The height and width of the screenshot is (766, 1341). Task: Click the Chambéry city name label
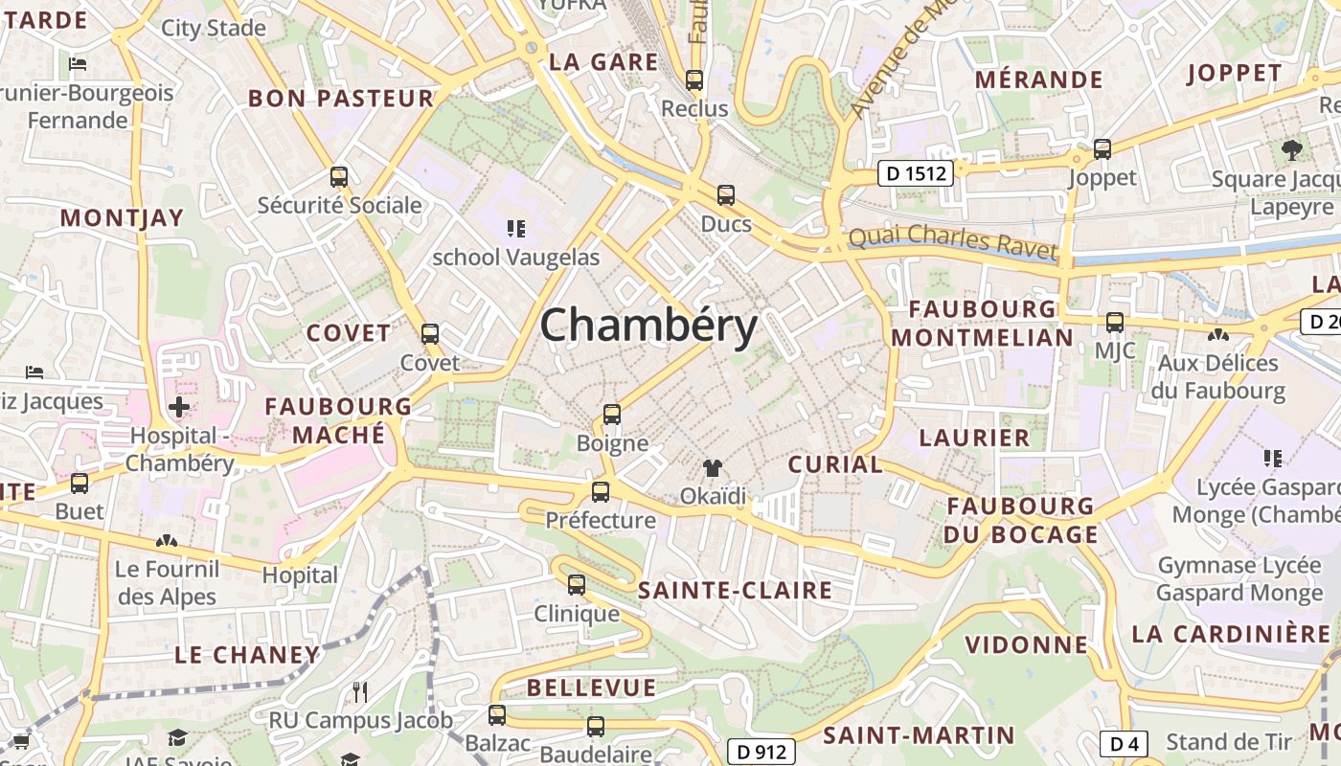(x=648, y=327)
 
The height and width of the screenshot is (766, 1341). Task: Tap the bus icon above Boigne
(x=612, y=415)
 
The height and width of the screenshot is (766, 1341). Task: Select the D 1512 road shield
(x=916, y=174)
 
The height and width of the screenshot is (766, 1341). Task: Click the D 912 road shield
(x=762, y=753)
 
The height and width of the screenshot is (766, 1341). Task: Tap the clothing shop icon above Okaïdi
(x=713, y=468)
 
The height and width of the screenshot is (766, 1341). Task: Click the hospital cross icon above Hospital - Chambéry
(x=179, y=407)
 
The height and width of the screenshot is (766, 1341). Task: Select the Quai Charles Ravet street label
(x=953, y=239)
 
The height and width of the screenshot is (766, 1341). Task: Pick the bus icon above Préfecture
(x=601, y=492)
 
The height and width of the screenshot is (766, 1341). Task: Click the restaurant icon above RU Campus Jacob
(x=360, y=691)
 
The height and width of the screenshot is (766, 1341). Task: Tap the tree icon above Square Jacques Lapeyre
(x=1292, y=149)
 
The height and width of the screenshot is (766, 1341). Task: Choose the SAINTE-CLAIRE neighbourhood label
(x=735, y=590)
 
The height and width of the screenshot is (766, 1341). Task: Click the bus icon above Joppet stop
(x=1102, y=149)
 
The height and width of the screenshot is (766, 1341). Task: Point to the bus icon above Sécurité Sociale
(x=338, y=176)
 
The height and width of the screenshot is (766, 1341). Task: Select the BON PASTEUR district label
(x=341, y=98)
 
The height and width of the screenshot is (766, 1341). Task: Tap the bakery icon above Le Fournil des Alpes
(x=167, y=542)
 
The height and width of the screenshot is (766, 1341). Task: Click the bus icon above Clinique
(x=577, y=584)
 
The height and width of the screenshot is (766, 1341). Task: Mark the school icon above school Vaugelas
(x=516, y=228)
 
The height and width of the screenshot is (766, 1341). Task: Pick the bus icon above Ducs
(x=726, y=195)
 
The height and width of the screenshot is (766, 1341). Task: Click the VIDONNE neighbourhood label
(x=1027, y=644)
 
